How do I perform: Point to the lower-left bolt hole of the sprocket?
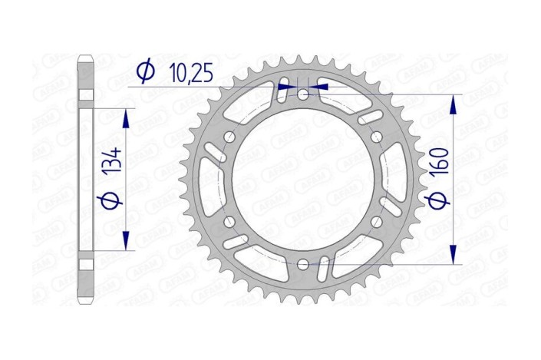tap(229, 222)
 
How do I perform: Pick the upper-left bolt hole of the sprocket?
tap(229, 137)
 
